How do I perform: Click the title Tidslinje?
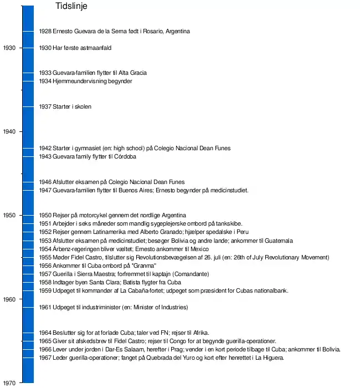click(71, 7)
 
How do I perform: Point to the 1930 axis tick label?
click(9, 48)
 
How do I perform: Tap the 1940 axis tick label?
click(9, 131)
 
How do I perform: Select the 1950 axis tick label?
click(9, 215)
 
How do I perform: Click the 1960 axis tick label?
click(9, 299)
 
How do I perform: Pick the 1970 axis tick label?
click(9, 383)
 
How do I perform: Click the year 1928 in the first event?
click(45, 31)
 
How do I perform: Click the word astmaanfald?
click(95, 48)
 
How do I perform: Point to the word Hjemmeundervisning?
click(79, 81)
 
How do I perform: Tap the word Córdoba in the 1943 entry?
click(126, 156)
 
